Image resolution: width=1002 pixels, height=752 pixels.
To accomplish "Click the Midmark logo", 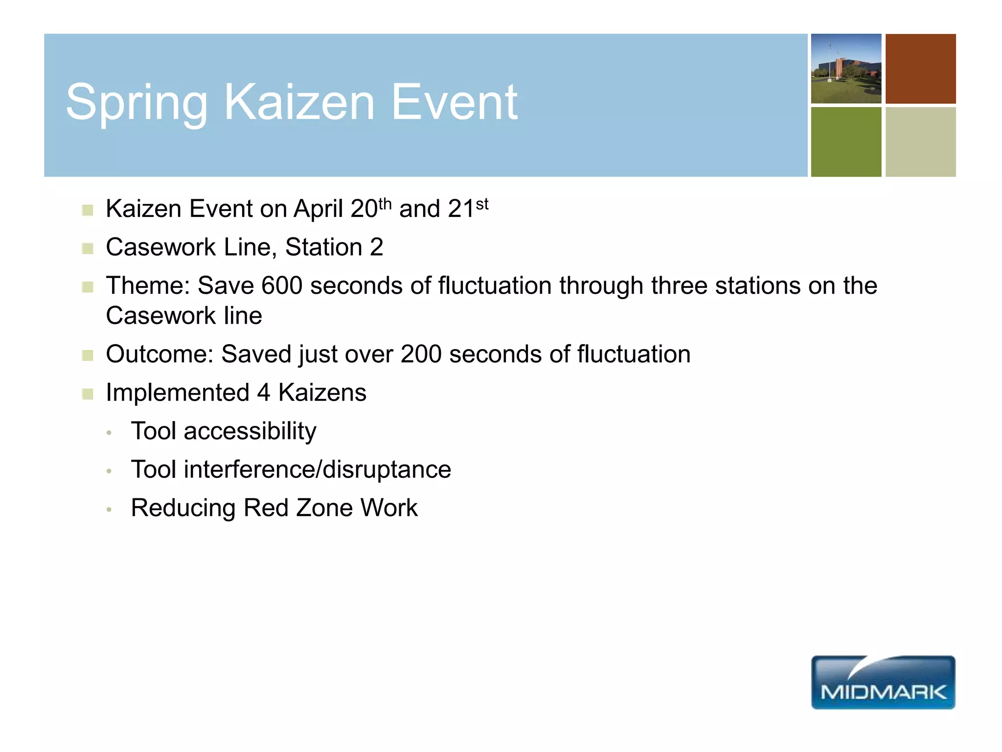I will tap(883, 682).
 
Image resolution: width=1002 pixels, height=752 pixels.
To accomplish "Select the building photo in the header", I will tap(846, 69).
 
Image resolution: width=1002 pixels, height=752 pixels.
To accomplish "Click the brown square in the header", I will tap(920, 69).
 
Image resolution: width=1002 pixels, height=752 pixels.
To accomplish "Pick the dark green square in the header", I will tap(846, 142).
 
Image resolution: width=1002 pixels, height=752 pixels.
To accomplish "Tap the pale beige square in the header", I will tap(920, 142).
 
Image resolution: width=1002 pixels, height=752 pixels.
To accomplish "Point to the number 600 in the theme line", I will tap(282, 286).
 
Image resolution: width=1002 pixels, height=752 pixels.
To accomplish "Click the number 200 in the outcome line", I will tap(421, 354).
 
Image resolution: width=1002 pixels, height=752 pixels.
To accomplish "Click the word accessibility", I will tap(250, 432).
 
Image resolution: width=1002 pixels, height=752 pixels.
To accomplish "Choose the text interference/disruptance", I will tap(317, 470).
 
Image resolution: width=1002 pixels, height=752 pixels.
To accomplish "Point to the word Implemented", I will tap(178, 393).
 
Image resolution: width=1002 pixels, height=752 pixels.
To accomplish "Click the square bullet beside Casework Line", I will tap(88, 249).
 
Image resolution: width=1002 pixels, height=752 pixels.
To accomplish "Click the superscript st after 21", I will tap(482, 204).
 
